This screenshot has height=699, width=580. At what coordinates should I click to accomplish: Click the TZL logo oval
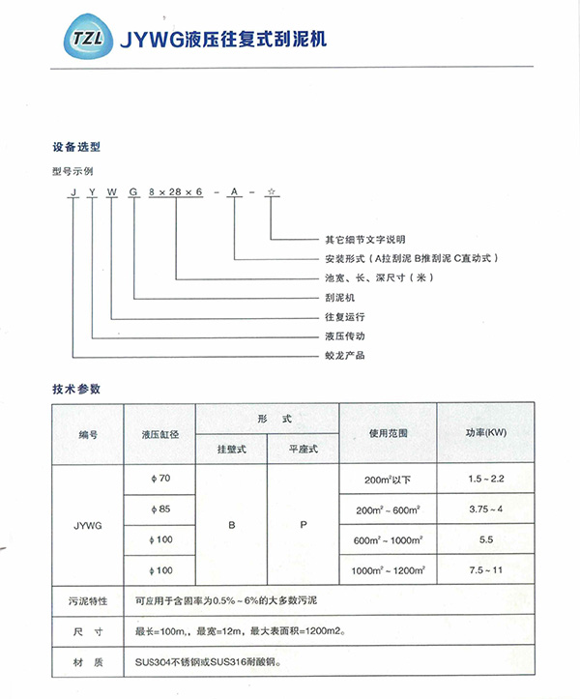click(81, 41)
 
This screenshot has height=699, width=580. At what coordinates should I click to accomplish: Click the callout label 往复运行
click(343, 316)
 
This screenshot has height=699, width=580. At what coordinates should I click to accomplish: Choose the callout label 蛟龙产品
click(343, 356)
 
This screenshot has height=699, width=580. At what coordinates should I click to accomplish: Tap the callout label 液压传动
click(343, 336)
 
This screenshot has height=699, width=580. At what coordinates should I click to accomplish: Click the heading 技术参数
click(76, 389)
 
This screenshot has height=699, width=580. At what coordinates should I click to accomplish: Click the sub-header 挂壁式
click(231, 450)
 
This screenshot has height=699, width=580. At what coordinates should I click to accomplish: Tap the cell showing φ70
click(159, 479)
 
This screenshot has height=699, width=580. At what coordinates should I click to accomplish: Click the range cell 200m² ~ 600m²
click(389, 510)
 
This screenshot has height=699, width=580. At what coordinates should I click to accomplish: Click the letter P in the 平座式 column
click(303, 524)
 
